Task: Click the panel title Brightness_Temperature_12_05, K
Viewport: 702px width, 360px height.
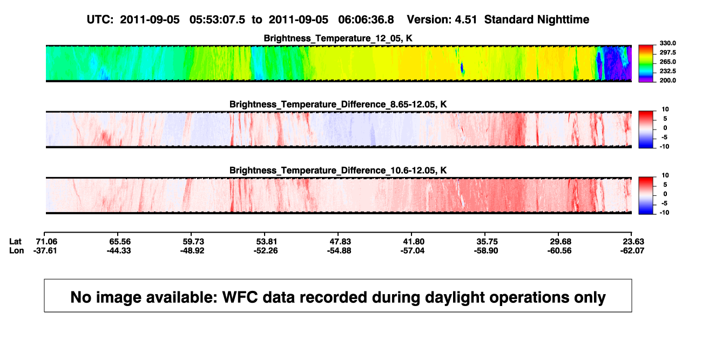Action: (338, 38)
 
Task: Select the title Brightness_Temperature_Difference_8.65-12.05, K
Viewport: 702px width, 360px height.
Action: (338, 104)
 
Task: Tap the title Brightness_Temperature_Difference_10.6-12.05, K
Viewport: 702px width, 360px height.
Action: (338, 171)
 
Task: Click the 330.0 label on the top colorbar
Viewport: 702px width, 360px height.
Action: (667, 43)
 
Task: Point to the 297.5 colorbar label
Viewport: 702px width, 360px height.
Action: (667, 52)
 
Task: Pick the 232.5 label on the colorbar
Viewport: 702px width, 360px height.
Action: (667, 71)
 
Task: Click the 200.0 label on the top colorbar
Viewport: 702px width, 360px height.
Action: (667, 80)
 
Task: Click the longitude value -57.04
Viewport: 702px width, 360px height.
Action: (413, 250)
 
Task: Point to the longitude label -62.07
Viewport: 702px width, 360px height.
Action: (632, 250)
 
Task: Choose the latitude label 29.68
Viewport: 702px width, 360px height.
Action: (561, 242)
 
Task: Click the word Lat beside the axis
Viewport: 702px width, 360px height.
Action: (15, 242)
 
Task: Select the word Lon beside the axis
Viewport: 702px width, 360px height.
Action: (16, 250)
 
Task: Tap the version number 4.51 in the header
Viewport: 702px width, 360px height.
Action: (465, 20)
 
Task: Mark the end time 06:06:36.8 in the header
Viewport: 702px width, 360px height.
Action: (366, 20)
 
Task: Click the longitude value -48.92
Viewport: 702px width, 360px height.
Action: (192, 250)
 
